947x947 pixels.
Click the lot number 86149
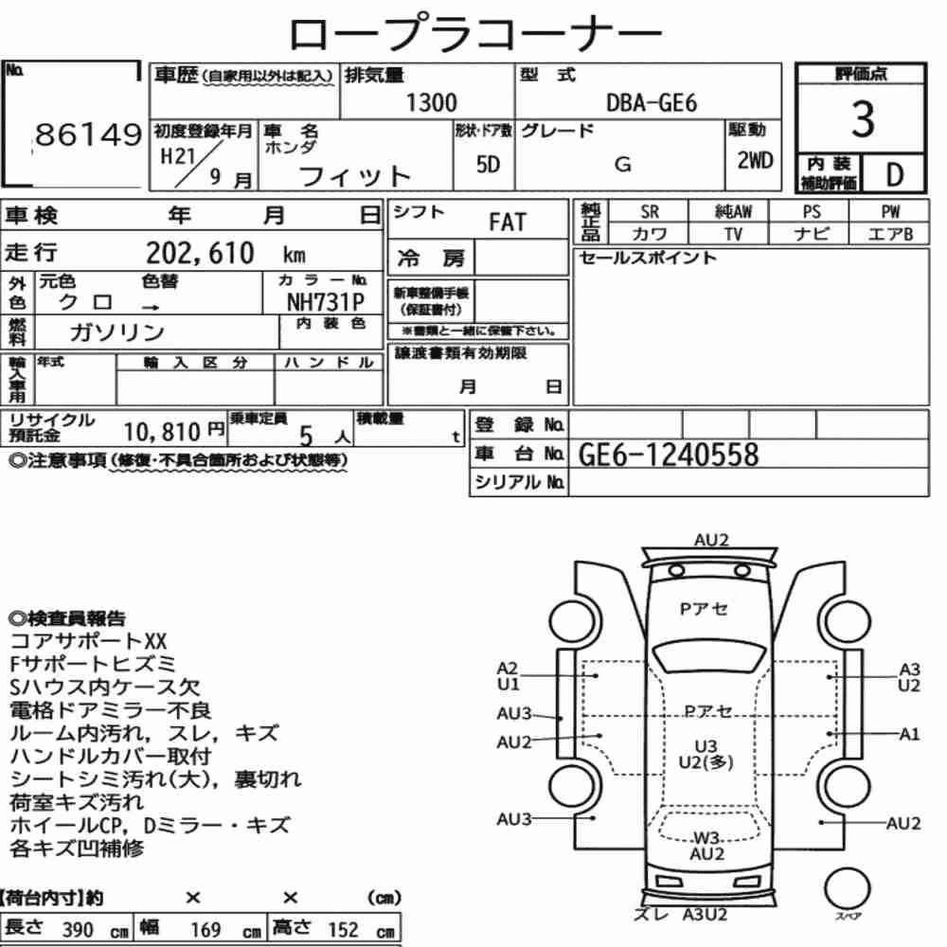pos(88,134)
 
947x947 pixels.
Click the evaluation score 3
pos(863,118)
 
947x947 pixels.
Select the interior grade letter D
pos(895,175)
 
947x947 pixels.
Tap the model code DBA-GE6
pos(652,103)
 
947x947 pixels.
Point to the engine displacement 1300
pos(431,102)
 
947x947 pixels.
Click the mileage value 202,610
pos(200,253)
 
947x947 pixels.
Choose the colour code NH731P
pos(326,302)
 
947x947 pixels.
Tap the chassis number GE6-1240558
pos(668,455)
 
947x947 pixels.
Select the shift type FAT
pos(508,223)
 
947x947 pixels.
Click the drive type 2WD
pos(755,161)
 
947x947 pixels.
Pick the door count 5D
pos(488,164)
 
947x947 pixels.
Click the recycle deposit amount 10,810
pos(162,432)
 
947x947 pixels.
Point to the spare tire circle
pos(847,888)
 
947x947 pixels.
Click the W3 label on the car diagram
pos(706,838)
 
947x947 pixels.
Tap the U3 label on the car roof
pos(706,746)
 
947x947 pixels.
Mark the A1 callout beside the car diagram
pos(909,735)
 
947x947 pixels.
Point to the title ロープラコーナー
pos(475,33)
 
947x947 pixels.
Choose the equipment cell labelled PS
pos(812,212)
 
